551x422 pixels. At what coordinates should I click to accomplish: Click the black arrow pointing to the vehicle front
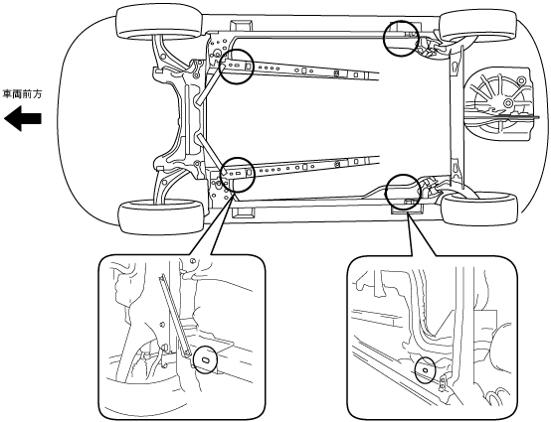[x=23, y=119]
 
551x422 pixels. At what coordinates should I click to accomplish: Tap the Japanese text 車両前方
[x=23, y=94]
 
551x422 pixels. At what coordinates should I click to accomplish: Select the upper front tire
[x=159, y=23]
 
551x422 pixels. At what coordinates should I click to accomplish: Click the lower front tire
[x=162, y=216]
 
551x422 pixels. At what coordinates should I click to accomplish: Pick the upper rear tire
[x=478, y=25]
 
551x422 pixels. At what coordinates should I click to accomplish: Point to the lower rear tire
[x=479, y=209]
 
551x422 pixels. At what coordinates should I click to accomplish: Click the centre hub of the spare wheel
[x=507, y=102]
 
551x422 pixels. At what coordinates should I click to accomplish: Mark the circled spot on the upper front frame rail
[x=236, y=67]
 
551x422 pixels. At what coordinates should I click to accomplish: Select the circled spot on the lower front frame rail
[x=237, y=175]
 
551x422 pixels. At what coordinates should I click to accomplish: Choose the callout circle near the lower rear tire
[x=403, y=193]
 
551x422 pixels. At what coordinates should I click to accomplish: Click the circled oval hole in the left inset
[x=206, y=359]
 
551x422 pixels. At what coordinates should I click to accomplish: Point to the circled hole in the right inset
[x=425, y=369]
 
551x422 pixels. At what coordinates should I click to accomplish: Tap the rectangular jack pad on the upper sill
[x=241, y=26]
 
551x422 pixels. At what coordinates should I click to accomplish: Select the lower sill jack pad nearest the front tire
[x=242, y=211]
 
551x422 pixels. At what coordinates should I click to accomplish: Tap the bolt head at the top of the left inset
[x=192, y=260]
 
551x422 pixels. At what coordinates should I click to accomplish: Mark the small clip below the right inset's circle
[x=443, y=382]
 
